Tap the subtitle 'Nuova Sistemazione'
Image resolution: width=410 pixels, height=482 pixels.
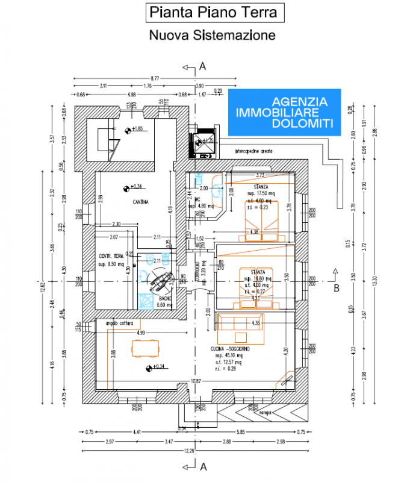(212, 35)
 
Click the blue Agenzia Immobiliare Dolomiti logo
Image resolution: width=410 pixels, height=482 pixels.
(284, 113)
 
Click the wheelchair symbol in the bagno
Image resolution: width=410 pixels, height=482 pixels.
(161, 278)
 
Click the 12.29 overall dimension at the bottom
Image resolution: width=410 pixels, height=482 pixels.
(189, 451)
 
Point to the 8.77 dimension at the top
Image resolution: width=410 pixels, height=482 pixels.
(155, 78)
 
